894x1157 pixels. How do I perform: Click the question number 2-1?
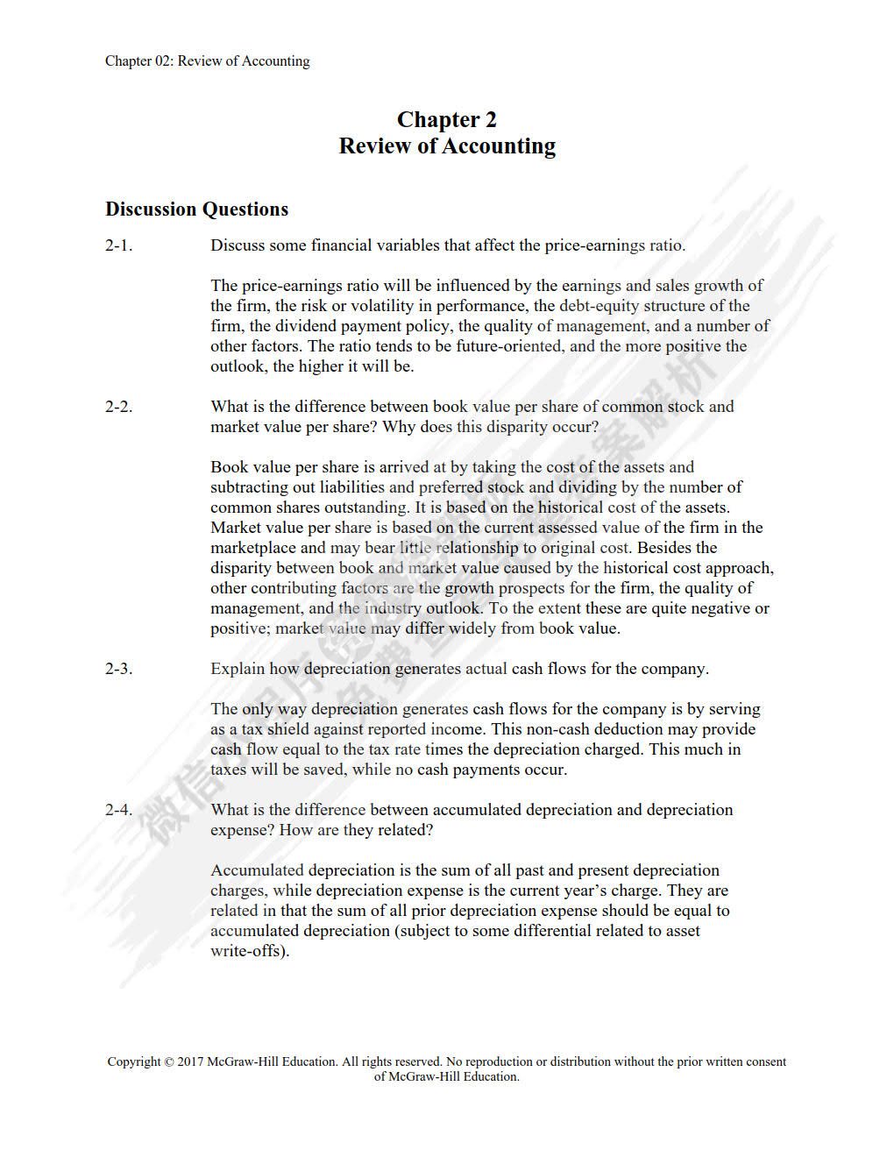(119, 245)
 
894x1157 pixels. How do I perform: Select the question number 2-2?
(119, 407)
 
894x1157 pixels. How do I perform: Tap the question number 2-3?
(119, 669)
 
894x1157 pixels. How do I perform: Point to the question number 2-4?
(119, 810)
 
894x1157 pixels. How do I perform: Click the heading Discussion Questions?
(196, 209)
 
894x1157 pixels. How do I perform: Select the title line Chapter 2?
(447, 119)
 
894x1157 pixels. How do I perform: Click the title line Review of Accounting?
(447, 146)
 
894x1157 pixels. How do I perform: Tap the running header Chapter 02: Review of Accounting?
(208, 61)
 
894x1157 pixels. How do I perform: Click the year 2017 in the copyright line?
(190, 1061)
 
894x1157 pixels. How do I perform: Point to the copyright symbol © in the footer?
(169, 1061)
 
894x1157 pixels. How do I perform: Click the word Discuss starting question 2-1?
(238, 245)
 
